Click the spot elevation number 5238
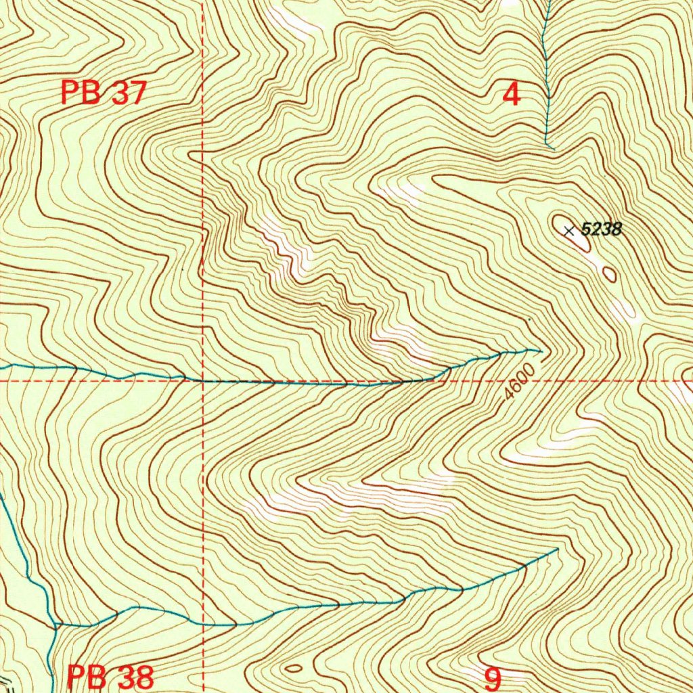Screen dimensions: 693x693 (602, 229)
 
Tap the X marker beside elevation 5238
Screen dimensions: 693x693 (569, 231)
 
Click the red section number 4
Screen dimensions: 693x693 (512, 94)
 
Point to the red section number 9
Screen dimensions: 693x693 (493, 677)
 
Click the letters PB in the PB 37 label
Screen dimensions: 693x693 (81, 93)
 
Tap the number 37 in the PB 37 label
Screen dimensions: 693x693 (128, 93)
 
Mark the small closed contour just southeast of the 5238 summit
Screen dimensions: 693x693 (609, 274)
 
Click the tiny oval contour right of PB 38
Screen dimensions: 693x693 (293, 669)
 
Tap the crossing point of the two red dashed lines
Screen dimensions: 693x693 (203, 382)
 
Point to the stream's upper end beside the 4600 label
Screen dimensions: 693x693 (539, 351)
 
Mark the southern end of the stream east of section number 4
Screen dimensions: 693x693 (553, 148)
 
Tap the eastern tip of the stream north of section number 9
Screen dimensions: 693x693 (556, 550)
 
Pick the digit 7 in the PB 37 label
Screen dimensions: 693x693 (137, 93)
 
